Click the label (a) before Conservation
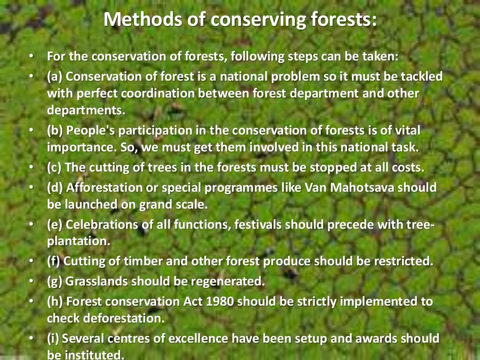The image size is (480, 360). point(55,76)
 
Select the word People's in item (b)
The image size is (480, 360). point(89,130)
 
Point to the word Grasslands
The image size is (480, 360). point(97,282)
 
